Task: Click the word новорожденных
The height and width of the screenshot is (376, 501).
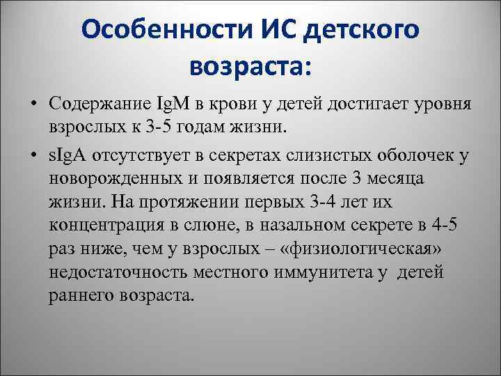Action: coord(113,179)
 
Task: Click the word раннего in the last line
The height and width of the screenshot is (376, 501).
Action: coord(77,295)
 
